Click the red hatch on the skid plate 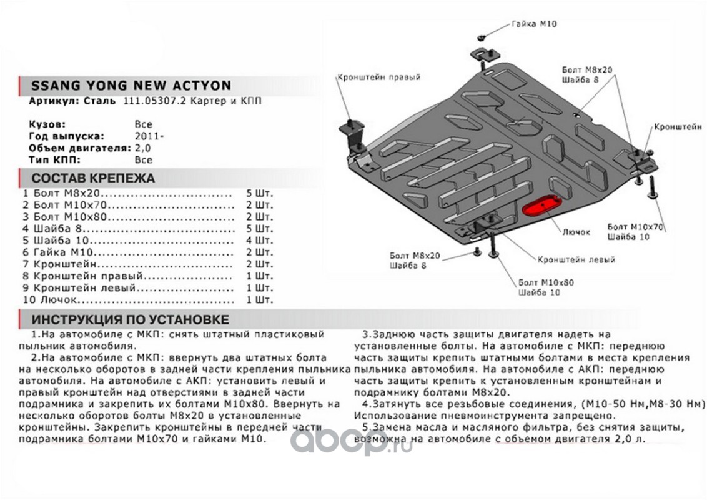click(541, 206)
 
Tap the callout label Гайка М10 click(533, 24)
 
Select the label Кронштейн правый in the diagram click(378, 77)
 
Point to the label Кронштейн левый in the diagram click(576, 259)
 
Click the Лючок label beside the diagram click(575, 232)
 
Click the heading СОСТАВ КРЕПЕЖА click(93, 178)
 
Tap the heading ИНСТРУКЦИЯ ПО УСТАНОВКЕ click(130, 320)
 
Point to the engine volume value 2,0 click(142, 148)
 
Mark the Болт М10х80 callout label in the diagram click(545, 282)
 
